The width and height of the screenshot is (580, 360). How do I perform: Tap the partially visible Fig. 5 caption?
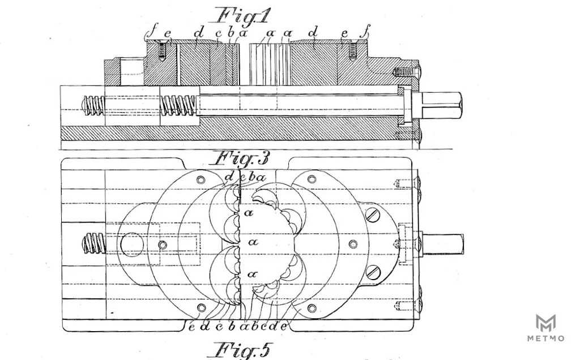pos(240,350)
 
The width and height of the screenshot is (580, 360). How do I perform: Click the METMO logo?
pos(545,328)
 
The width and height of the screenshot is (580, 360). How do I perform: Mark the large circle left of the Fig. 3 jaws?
pos(131,245)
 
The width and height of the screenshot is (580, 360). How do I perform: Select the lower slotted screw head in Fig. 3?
pos(373,272)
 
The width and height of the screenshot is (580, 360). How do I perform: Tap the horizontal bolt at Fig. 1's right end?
pos(407,72)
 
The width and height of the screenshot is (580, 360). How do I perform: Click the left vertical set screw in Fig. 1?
pos(163,53)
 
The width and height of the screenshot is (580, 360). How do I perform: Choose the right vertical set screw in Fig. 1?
pos(352,53)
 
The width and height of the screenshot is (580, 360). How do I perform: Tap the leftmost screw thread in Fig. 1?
pos(94,105)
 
